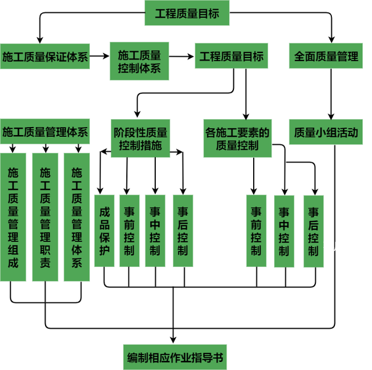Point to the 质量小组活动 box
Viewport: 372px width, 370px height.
(326, 132)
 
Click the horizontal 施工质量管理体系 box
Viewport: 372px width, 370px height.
(45, 131)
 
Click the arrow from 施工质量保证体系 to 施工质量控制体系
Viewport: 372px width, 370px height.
(100, 57)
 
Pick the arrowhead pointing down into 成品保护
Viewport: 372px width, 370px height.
(102, 190)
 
